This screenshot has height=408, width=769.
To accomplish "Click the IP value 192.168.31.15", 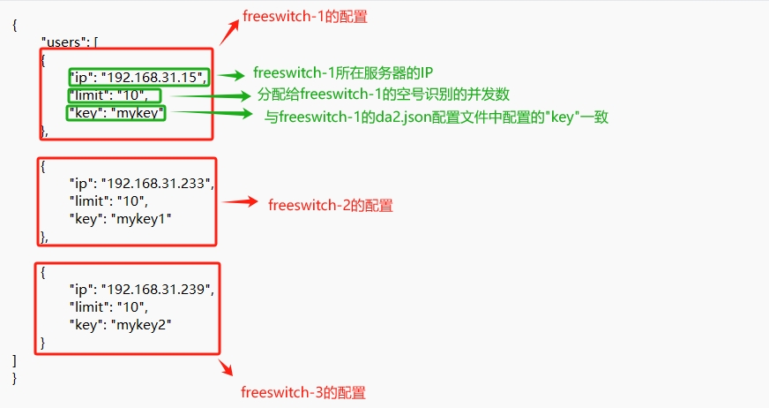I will pyautogui.click(x=153, y=77).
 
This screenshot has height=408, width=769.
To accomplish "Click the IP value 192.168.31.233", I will pyautogui.click(x=157, y=183).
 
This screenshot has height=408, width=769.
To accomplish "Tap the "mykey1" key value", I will pyautogui.click(x=140, y=218).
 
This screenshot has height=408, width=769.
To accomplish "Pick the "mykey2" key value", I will pyautogui.click(x=140, y=324).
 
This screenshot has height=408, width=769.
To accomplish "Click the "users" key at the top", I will pyautogui.click(x=63, y=42).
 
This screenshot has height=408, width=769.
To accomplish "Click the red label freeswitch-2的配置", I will pyautogui.click(x=331, y=205).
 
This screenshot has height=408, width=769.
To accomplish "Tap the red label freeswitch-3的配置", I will pyautogui.click(x=302, y=392).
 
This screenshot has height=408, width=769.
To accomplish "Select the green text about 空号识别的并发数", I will pyautogui.click(x=384, y=94).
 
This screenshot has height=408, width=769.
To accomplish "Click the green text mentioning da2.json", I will pyautogui.click(x=437, y=117).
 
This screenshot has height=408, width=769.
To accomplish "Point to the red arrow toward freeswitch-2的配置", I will pyautogui.click(x=239, y=202).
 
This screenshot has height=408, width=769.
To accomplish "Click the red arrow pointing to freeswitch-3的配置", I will pyautogui.click(x=226, y=366).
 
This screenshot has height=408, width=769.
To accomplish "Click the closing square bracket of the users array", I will pyautogui.click(x=15, y=360).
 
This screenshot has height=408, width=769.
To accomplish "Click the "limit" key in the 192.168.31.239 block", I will pyautogui.click(x=89, y=306).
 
